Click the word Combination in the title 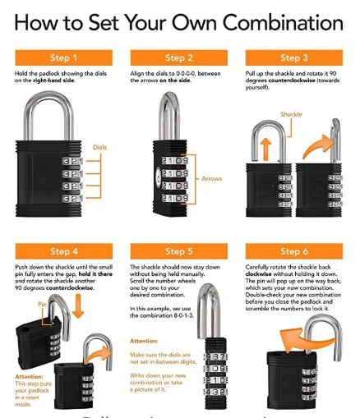(x=270, y=22)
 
